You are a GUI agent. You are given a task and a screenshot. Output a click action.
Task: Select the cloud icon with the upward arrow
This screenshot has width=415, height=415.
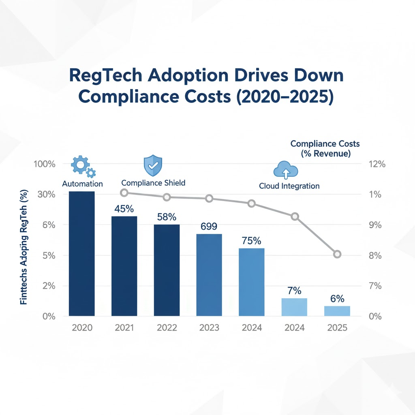tap(286, 170)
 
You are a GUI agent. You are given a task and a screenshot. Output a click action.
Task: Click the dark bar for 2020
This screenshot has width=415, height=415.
tap(82, 253)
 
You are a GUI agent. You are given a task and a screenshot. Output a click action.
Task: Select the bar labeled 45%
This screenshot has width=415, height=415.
tap(124, 266)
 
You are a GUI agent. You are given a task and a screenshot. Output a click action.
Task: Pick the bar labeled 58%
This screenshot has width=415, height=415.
tap(167, 270)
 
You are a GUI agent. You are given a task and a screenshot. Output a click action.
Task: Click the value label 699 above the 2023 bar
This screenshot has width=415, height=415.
tap(209, 226)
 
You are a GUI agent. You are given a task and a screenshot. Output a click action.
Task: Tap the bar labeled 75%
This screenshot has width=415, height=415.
tap(251, 282)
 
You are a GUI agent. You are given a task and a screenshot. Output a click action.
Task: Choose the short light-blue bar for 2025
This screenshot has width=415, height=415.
tap(337, 311)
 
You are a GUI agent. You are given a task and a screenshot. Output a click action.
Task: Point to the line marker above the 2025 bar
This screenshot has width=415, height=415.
tap(337, 254)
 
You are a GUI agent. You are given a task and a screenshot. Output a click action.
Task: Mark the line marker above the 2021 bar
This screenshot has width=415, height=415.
tap(124, 193)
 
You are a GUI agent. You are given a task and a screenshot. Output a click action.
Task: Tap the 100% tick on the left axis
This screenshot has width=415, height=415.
tap(45, 164)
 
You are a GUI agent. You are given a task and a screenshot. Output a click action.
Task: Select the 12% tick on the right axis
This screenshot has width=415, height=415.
tap(375, 164)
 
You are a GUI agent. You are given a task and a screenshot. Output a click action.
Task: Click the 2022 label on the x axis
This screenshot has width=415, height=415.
tap(167, 327)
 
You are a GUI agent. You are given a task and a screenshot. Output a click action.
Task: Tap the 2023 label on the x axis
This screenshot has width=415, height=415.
tap(209, 327)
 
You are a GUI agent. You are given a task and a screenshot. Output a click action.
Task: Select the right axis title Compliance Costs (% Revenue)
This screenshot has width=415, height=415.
tap(325, 149)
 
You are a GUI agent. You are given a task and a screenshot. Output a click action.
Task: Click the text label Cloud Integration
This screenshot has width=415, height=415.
tap(289, 186)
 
